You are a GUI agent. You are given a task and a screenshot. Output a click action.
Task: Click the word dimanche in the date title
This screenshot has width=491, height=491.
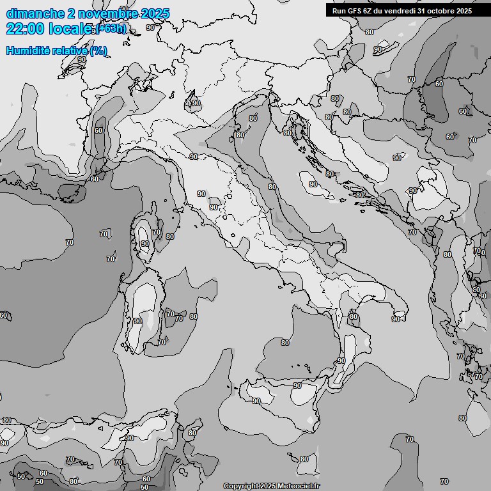tap(35, 13)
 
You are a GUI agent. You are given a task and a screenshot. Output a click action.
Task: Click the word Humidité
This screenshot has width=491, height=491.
tap(26, 51)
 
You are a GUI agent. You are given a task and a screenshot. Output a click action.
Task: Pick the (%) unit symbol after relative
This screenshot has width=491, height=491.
tap(98, 51)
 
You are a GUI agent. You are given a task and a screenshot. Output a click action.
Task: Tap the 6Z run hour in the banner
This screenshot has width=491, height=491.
tap(368, 11)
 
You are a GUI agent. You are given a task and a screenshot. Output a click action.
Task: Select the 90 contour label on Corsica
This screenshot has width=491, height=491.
tap(145, 244)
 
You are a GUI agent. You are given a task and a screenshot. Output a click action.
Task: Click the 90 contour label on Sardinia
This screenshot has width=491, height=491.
tap(138, 321)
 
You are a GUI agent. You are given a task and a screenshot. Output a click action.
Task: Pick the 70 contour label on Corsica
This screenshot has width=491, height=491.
tap(157, 232)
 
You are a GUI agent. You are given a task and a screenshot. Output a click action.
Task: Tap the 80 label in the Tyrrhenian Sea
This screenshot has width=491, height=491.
tap(285, 343)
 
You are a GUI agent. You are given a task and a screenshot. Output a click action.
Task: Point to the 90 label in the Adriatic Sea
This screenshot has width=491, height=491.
tap(313, 184)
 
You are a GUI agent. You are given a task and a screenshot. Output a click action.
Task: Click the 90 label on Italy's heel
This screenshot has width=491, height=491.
tap(396, 319)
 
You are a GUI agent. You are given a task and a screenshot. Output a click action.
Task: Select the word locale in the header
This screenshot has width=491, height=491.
tap(68, 29)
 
